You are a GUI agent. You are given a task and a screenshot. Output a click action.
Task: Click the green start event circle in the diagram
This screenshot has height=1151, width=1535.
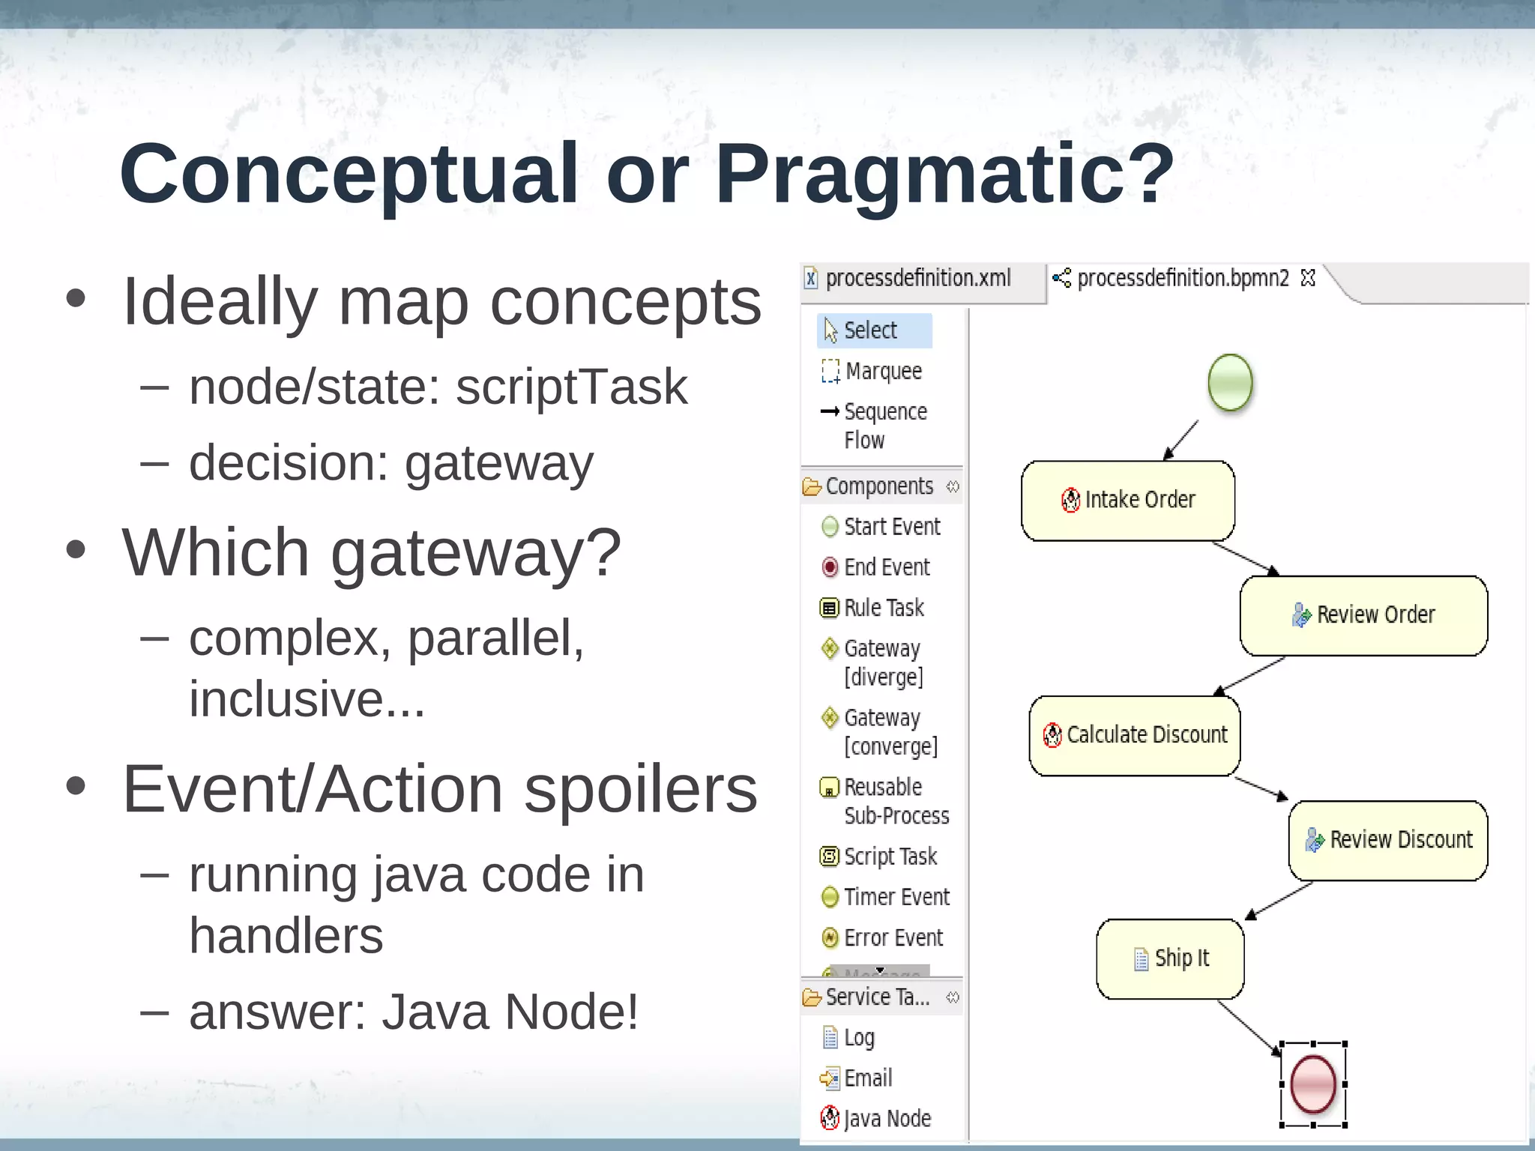[1230, 382]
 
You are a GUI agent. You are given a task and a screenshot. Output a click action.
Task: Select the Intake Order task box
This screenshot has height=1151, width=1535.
[1128, 500]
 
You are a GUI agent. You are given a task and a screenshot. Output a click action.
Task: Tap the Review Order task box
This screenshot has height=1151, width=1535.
[1363, 615]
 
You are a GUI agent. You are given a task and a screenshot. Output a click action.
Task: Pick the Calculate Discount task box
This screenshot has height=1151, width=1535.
[1135, 735]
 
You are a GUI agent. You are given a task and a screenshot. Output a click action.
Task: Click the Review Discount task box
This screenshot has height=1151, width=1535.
[1388, 840]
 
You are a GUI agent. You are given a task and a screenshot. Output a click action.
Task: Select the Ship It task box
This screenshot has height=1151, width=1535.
[1170, 958]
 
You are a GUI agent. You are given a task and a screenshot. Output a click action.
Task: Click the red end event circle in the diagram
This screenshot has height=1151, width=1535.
[1313, 1084]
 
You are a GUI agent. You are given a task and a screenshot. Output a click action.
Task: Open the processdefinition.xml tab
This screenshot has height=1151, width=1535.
[917, 279]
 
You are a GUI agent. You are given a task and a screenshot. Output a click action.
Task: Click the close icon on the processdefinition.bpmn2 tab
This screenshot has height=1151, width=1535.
[1308, 278]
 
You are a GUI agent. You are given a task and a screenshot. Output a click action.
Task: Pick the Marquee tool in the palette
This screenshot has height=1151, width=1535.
[882, 371]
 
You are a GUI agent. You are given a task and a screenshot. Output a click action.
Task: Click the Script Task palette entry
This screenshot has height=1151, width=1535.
[890, 857]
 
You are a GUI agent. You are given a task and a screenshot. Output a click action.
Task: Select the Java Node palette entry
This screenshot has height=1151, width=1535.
[887, 1119]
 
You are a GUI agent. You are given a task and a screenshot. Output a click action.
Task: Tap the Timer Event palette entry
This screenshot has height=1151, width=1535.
[896, 897]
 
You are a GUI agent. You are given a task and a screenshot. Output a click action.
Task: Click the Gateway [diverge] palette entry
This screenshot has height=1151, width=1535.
[882, 662]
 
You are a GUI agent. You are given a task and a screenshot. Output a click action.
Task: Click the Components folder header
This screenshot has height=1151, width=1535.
[878, 486]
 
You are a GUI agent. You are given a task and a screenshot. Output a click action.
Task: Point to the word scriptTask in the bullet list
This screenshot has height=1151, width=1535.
[572, 387]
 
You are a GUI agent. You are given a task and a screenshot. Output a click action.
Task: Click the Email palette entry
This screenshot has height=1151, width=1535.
[867, 1078]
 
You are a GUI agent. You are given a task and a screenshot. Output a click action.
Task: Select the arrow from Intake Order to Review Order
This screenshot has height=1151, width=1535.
[1244, 558]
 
